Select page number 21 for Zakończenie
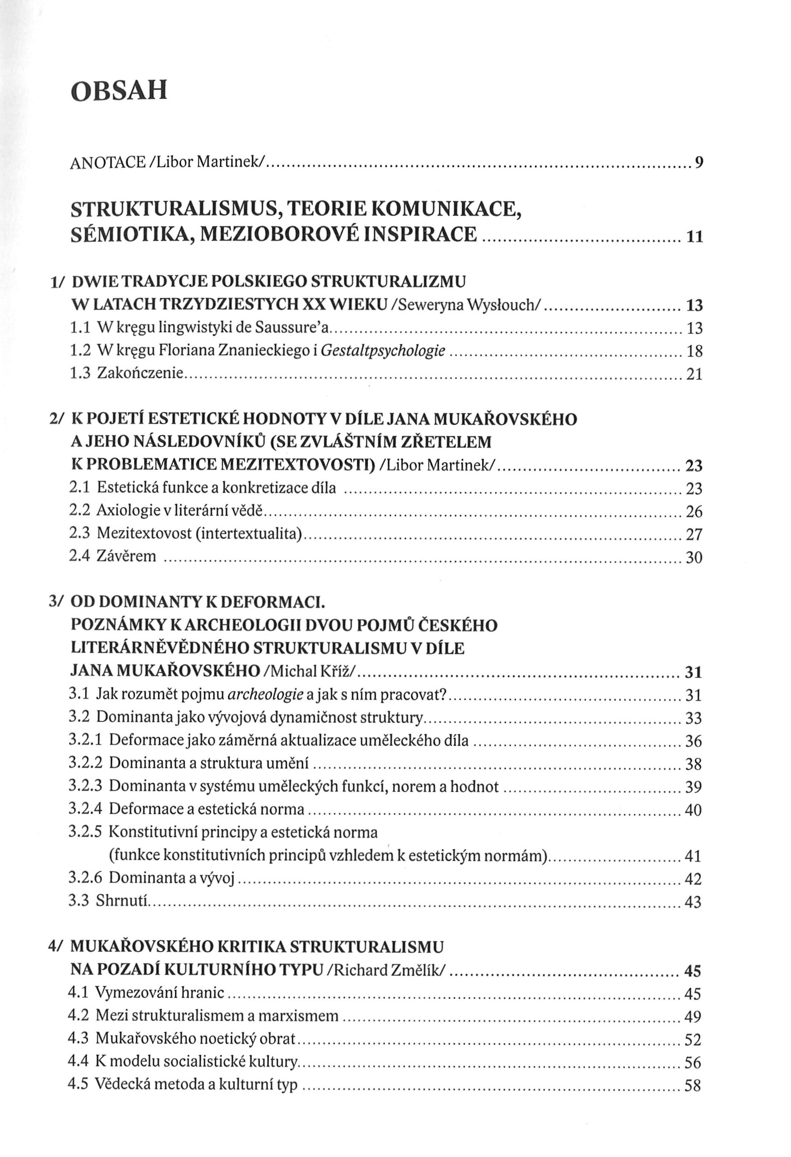[694, 374]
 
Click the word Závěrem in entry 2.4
[126, 556]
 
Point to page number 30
[694, 558]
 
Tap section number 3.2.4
[85, 809]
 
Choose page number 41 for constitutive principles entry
[693, 857]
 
